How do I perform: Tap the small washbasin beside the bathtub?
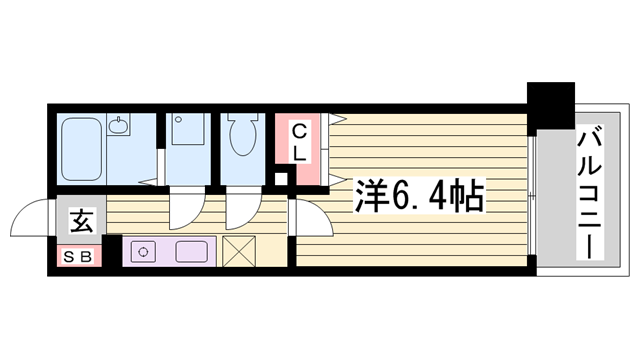click(119, 125)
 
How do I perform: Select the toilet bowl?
click(241, 137)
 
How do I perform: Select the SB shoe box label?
click(78, 256)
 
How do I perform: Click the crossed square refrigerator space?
click(240, 251)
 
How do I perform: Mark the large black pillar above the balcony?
click(552, 104)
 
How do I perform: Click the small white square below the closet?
click(282, 181)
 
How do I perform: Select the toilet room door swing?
click(241, 208)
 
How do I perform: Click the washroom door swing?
click(185, 208)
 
